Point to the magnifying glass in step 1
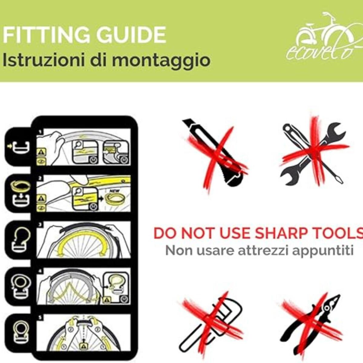pos(78,145)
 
